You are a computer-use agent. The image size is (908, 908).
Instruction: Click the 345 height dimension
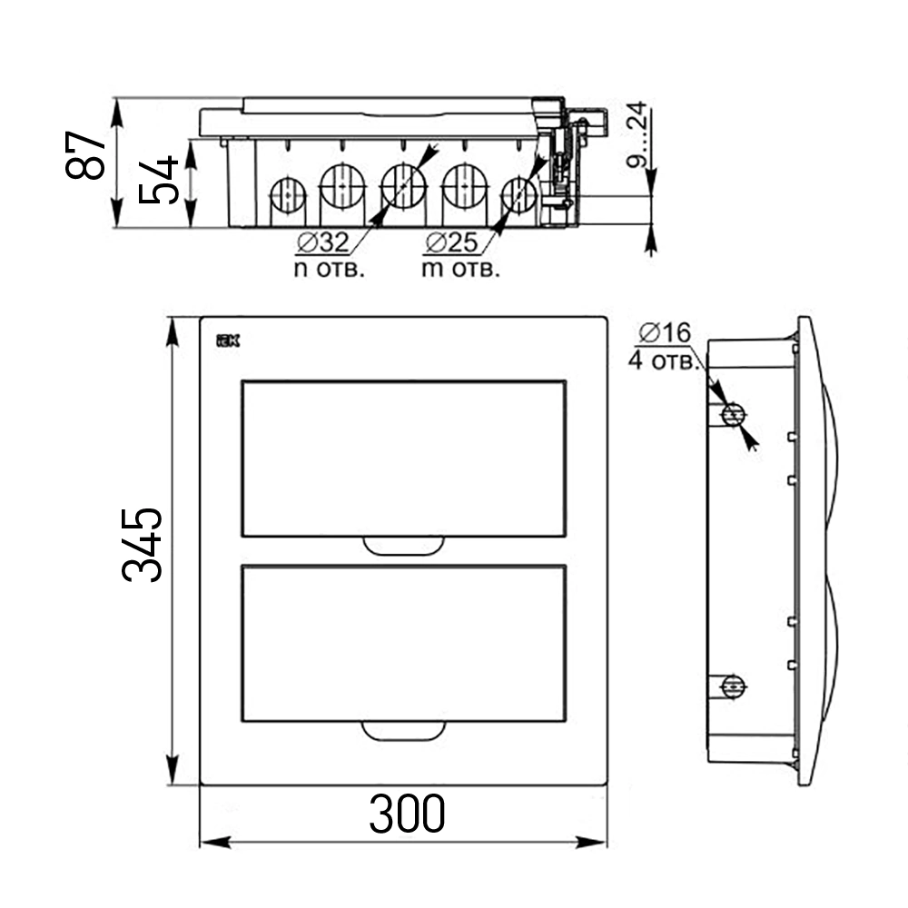click(143, 545)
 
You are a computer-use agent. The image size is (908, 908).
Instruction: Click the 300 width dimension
click(407, 814)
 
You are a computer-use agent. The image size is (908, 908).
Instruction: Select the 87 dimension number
click(85, 155)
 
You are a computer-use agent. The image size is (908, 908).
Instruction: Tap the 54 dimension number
click(158, 180)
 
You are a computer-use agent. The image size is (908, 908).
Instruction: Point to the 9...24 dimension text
click(637, 134)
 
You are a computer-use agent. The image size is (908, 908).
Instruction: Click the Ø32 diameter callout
click(323, 242)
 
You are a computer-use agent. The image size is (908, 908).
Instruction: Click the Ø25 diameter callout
click(451, 242)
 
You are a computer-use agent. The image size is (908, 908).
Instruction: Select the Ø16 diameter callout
click(665, 333)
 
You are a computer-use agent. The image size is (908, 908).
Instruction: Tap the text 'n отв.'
click(330, 270)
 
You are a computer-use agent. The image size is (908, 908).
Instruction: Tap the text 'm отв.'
click(461, 270)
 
